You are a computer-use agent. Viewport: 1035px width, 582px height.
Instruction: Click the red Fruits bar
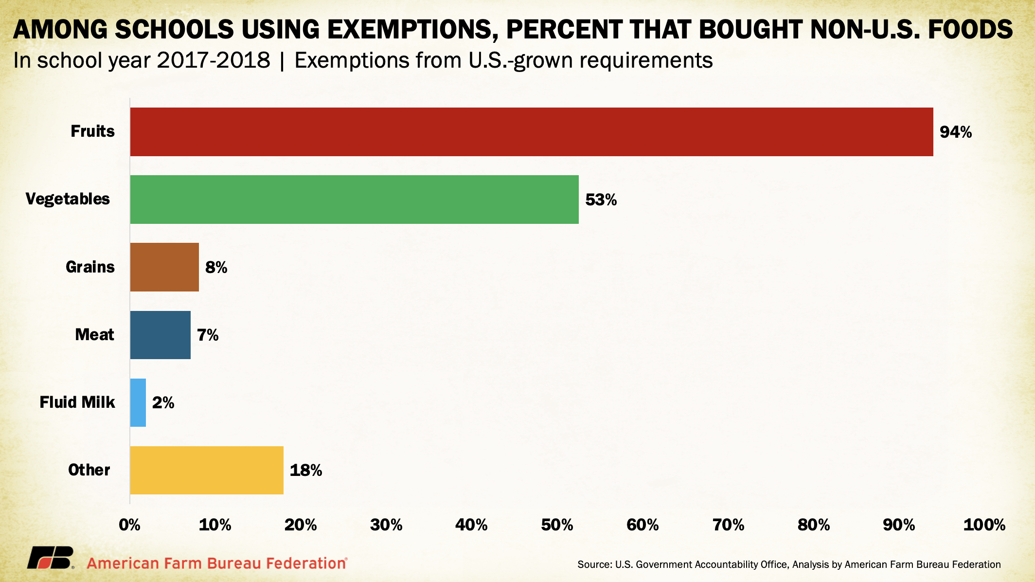pyautogui.click(x=531, y=132)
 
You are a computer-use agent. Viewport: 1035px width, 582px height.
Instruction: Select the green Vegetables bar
pyautogui.click(x=354, y=200)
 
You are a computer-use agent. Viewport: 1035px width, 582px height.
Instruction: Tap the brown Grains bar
pyautogui.click(x=164, y=267)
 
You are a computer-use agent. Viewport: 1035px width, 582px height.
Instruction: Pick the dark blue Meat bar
pyautogui.click(x=160, y=335)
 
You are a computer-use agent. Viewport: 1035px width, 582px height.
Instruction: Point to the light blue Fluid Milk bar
pyautogui.click(x=138, y=402)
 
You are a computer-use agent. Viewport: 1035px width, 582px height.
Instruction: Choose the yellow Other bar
pyautogui.click(x=206, y=470)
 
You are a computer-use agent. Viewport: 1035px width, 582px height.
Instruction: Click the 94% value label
pyautogui.click(x=955, y=132)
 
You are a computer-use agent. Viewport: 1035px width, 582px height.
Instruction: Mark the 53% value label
pyautogui.click(x=601, y=200)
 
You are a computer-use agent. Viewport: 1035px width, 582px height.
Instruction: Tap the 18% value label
pyautogui.click(x=305, y=470)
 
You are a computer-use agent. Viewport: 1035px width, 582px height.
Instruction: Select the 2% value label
pyautogui.click(x=163, y=402)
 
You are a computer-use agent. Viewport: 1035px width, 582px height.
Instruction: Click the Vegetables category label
pyautogui.click(x=68, y=199)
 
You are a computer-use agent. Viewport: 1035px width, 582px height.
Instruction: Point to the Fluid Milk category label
pyautogui.click(x=77, y=402)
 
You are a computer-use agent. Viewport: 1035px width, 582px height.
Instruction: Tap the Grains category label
pyautogui.click(x=90, y=267)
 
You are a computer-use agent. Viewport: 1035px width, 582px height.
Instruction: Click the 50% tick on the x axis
pyautogui.click(x=557, y=525)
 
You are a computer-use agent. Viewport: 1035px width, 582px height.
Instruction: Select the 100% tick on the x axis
pyautogui.click(x=984, y=525)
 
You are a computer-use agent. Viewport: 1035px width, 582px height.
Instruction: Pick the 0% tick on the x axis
pyautogui.click(x=130, y=525)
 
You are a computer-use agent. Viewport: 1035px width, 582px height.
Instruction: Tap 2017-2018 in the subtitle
pyautogui.click(x=214, y=61)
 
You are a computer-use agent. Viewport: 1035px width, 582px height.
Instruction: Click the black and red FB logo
pyautogui.click(x=50, y=558)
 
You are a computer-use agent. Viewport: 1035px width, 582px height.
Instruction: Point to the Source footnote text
pyautogui.click(x=789, y=564)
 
